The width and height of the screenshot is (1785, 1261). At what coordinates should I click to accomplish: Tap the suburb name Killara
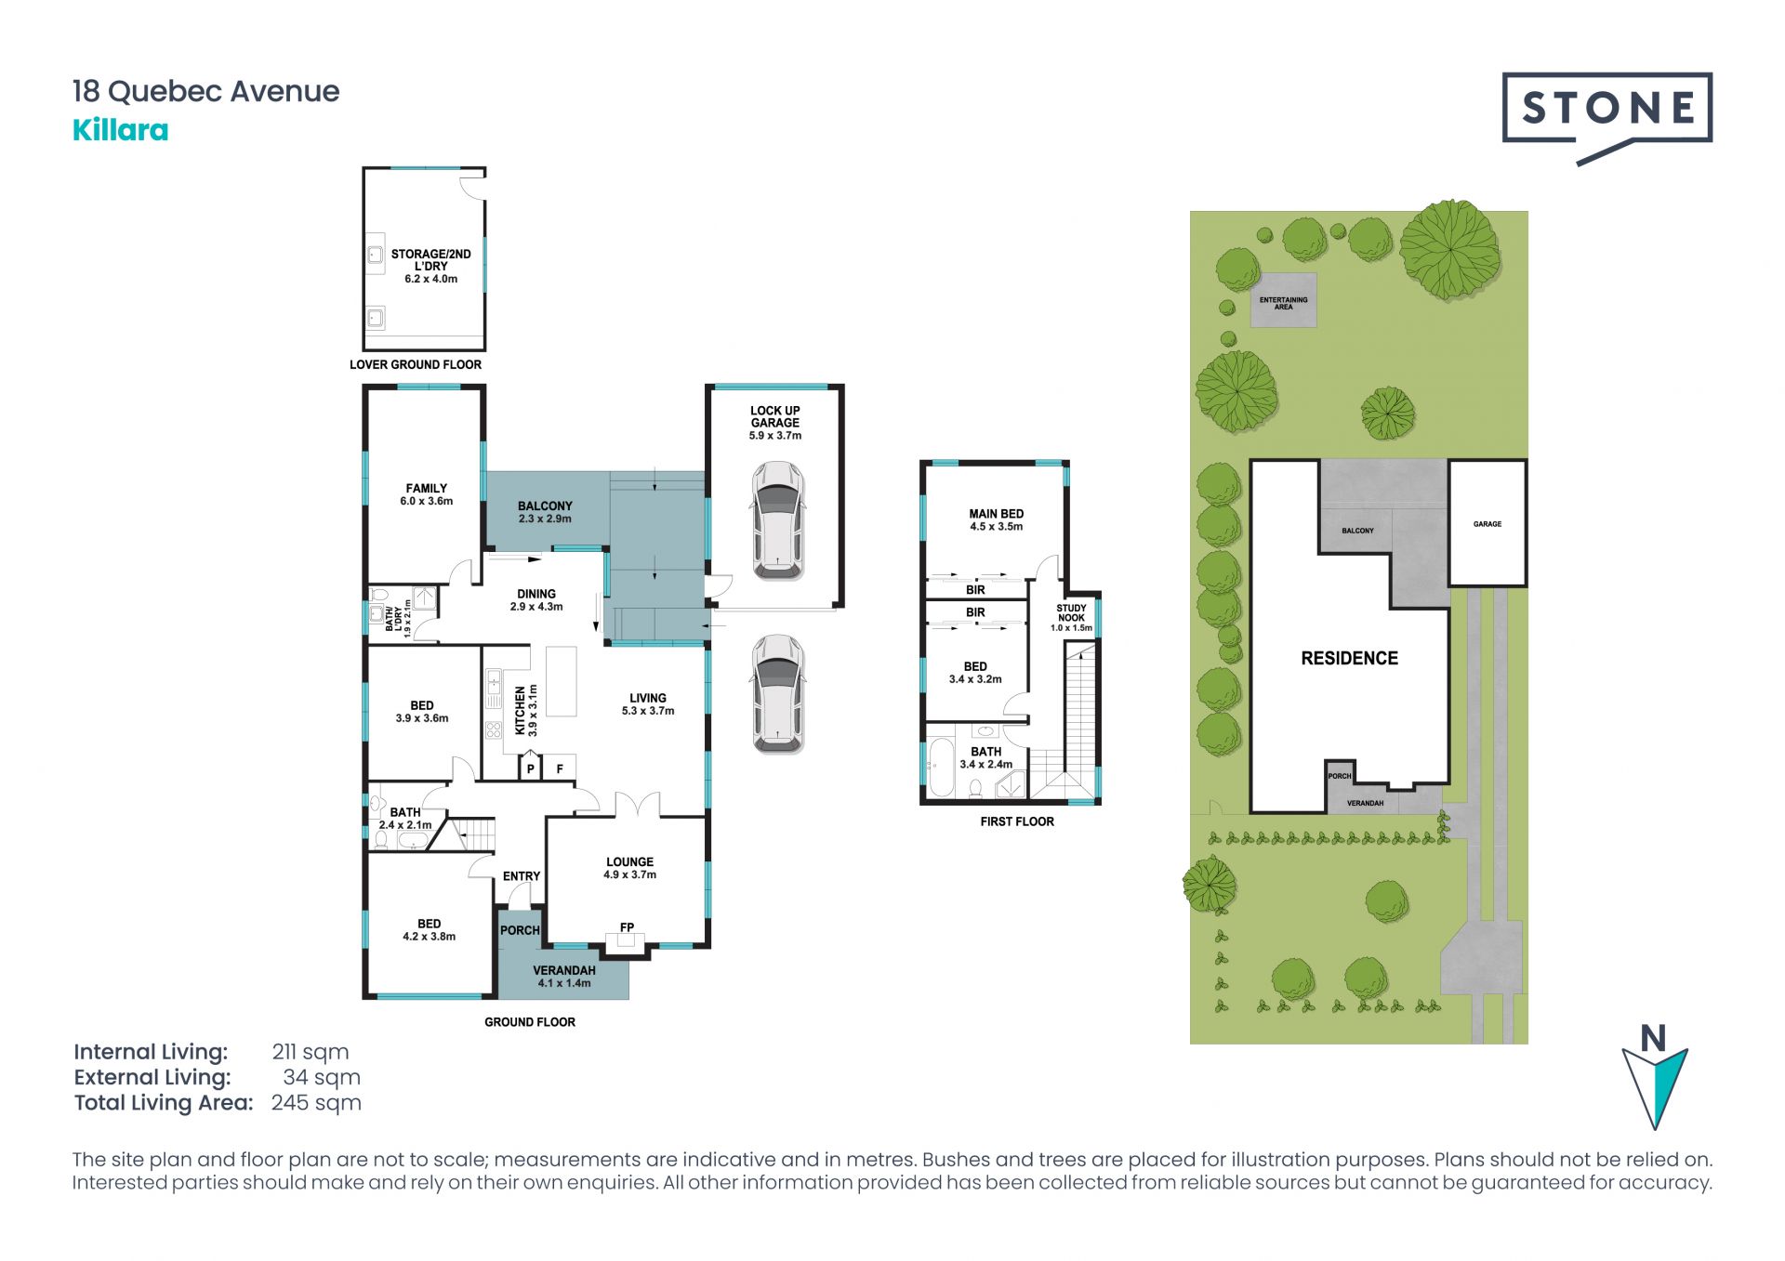(121, 130)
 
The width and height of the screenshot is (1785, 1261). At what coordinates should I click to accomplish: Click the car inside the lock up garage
(777, 521)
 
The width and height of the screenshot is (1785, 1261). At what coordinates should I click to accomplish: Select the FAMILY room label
(427, 488)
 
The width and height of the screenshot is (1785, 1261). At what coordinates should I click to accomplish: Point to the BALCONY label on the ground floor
(545, 506)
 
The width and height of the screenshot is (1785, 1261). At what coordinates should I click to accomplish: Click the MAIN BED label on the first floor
(996, 514)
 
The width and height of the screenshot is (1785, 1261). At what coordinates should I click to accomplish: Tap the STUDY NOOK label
(1071, 613)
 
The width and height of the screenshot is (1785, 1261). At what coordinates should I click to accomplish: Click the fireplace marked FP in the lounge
(627, 939)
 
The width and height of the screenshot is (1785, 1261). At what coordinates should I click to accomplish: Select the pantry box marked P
(531, 768)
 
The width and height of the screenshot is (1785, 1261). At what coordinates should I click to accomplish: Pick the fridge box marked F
(560, 768)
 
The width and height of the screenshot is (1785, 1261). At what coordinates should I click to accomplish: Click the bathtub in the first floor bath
(939, 768)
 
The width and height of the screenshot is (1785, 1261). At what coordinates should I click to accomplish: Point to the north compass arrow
(1655, 1085)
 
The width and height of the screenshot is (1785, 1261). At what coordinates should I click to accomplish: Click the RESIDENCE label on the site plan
(1349, 659)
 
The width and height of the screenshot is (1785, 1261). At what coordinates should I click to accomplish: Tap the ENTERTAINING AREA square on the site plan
(1283, 300)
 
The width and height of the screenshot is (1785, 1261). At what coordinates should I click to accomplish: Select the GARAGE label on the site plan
(1487, 524)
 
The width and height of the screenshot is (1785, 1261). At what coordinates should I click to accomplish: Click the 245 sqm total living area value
(316, 1103)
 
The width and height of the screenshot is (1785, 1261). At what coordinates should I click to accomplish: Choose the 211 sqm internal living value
(311, 1052)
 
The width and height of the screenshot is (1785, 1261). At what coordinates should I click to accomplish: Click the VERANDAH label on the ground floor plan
(564, 970)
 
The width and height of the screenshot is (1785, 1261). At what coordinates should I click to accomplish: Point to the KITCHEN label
(521, 711)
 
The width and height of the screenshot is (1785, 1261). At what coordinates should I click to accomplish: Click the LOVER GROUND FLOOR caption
(416, 364)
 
